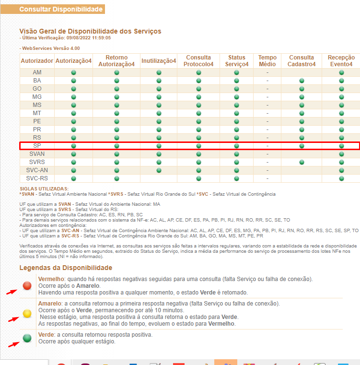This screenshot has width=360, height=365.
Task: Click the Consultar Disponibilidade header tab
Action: pyautogui.click(x=60, y=9)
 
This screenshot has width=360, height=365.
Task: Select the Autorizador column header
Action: pyautogui.click(x=37, y=61)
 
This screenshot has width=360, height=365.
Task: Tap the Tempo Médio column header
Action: pyautogui.click(x=267, y=61)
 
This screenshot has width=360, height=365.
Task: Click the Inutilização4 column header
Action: pyautogui.click(x=159, y=61)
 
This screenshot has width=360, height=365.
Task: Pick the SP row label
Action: pyautogui.click(x=37, y=145)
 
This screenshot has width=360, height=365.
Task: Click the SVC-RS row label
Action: pyautogui.click(x=37, y=178)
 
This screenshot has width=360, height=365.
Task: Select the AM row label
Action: pyautogui.click(x=37, y=72)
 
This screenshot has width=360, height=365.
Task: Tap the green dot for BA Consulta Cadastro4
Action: pyautogui.click(x=302, y=81)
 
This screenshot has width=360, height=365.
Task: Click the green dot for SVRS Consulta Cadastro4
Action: pyautogui.click(x=302, y=162)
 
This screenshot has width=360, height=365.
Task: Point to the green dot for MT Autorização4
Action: pyautogui.click(x=73, y=113)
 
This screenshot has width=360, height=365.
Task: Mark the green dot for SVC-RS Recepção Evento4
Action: pyautogui.click(x=341, y=178)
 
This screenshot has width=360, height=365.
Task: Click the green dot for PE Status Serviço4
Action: pyautogui.click(x=236, y=121)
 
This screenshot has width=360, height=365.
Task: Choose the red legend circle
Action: pyautogui.click(x=27, y=286)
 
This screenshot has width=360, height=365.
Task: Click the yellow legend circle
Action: pyautogui.click(x=27, y=314)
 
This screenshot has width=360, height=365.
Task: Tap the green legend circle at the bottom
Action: pyautogui.click(x=27, y=338)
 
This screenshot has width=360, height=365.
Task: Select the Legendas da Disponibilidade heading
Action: pyautogui.click(x=66, y=268)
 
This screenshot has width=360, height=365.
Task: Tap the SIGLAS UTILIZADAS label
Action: pyautogui.click(x=44, y=189)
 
